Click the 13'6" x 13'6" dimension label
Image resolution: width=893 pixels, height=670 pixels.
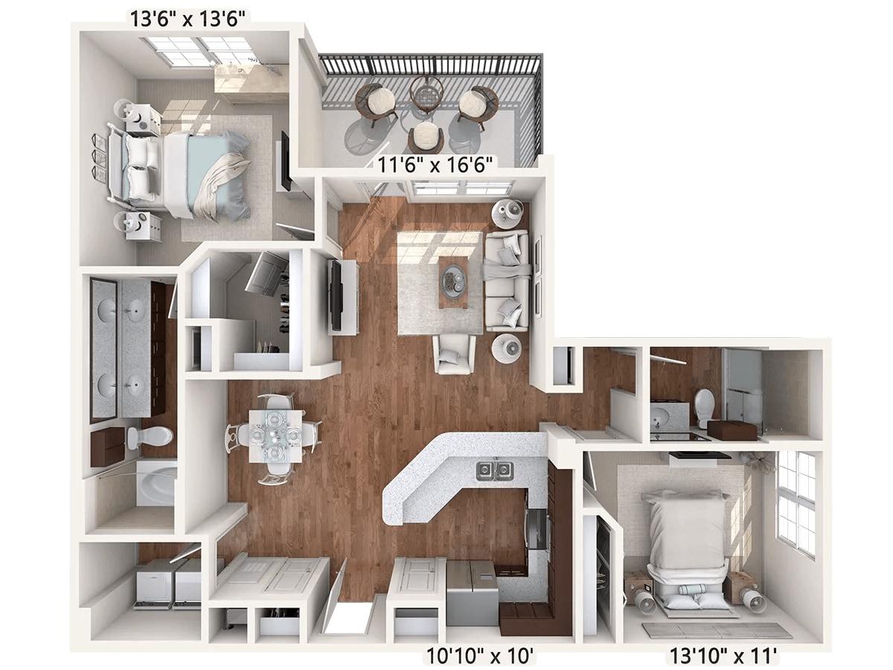(x=188, y=19)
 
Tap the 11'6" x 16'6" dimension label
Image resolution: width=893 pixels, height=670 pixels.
(x=435, y=165)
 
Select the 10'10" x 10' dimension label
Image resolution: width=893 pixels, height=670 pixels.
(x=479, y=655)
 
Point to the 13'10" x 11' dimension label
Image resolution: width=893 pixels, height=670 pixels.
(x=723, y=655)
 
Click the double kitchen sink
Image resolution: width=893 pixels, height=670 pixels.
(x=495, y=470)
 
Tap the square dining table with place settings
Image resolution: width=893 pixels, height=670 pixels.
(x=275, y=436)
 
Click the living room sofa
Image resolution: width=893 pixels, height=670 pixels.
(x=507, y=281)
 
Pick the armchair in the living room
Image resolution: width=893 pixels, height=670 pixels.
(x=454, y=354)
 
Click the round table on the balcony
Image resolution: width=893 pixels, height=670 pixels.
(x=426, y=95)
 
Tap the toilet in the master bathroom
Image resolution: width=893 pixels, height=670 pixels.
(x=150, y=436)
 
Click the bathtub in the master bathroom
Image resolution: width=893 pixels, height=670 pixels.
(x=156, y=485)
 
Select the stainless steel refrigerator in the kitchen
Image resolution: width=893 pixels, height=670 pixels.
(x=472, y=593)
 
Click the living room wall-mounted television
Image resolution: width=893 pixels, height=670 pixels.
(x=336, y=295)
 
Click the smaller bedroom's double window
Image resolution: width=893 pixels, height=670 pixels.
(x=796, y=505)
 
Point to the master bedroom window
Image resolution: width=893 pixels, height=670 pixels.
(x=197, y=51)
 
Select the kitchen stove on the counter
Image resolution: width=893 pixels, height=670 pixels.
(x=537, y=529)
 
